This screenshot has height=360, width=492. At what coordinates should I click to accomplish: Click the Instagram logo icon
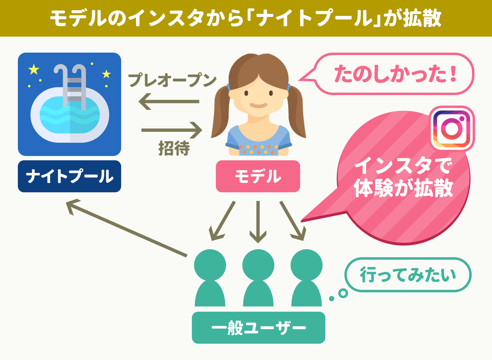452,129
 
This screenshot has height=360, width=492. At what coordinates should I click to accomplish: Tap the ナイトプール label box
69,176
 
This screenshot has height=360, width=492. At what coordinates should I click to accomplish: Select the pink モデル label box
258,176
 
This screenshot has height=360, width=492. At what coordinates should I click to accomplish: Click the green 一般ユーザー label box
259,328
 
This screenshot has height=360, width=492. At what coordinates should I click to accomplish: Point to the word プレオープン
173,80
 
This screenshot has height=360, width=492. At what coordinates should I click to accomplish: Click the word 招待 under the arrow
174,148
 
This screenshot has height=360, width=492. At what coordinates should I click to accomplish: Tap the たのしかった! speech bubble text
395,74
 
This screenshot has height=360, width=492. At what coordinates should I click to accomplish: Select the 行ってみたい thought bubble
408,275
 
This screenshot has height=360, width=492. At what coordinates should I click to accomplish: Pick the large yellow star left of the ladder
34,69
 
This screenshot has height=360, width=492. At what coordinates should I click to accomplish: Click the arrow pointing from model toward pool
169,102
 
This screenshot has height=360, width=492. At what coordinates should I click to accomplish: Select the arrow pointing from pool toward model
172,130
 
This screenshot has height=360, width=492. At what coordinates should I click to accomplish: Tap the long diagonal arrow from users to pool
126,228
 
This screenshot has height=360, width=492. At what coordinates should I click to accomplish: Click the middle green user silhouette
258,278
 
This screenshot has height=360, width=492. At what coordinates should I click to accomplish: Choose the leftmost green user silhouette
210,278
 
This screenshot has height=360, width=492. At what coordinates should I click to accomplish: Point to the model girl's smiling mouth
259,105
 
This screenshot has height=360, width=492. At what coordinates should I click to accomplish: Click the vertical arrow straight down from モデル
258,222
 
